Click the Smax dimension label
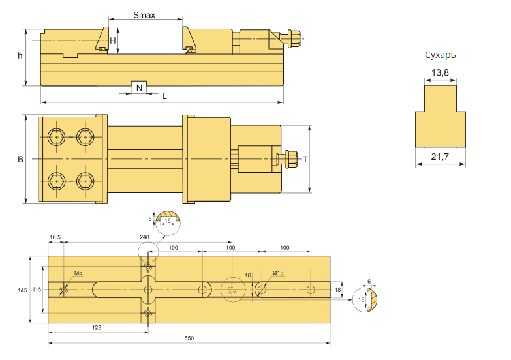coord(144,15)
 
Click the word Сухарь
coord(440,55)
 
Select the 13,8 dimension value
coord(440,72)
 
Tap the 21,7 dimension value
coord(440,157)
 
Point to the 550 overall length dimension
coord(189,338)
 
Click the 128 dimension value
coord(97,328)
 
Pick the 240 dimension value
coord(144,237)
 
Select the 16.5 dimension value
coord(55,237)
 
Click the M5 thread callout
coord(78,273)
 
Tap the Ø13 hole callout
coord(278,273)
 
